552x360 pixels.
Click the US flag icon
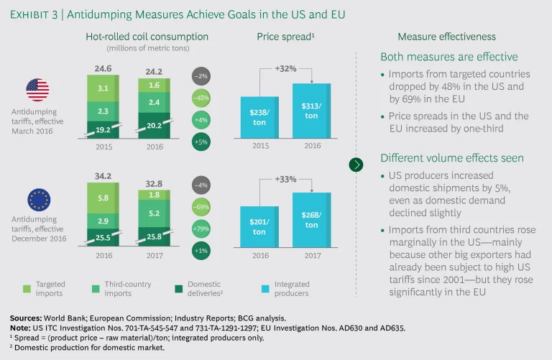[37, 90]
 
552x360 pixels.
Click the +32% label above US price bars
[285, 69]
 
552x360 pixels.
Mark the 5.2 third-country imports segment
[154, 213]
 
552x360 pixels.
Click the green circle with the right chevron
[356, 165]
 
